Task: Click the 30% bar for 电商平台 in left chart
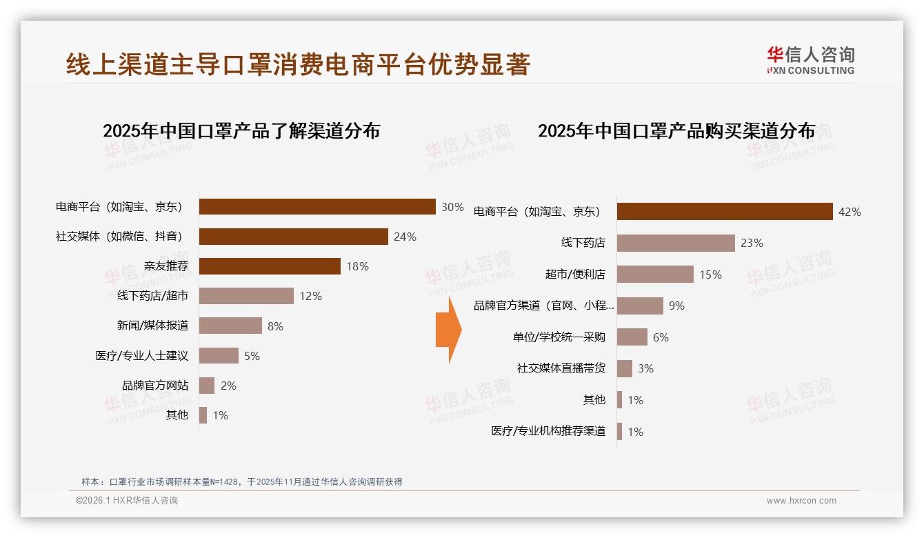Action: click(317, 207)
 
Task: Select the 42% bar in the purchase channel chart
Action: click(725, 212)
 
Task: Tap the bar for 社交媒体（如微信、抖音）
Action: click(294, 237)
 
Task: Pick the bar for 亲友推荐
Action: click(270, 266)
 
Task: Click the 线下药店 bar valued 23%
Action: click(676, 243)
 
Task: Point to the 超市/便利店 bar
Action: click(655, 275)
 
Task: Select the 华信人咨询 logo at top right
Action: click(810, 60)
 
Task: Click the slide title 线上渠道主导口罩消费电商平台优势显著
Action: click(298, 64)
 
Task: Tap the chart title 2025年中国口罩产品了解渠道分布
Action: click(241, 131)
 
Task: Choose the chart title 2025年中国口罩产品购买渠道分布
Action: click(676, 131)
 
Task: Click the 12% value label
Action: click(310, 297)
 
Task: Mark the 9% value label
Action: click(676, 306)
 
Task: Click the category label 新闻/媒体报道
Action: click(152, 326)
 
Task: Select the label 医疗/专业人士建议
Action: click(141, 356)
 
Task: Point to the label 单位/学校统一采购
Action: click(559, 337)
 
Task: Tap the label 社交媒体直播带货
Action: click(561, 368)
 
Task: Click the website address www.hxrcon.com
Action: click(801, 501)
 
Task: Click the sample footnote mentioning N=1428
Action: click(241, 482)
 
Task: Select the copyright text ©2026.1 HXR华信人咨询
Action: click(127, 501)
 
